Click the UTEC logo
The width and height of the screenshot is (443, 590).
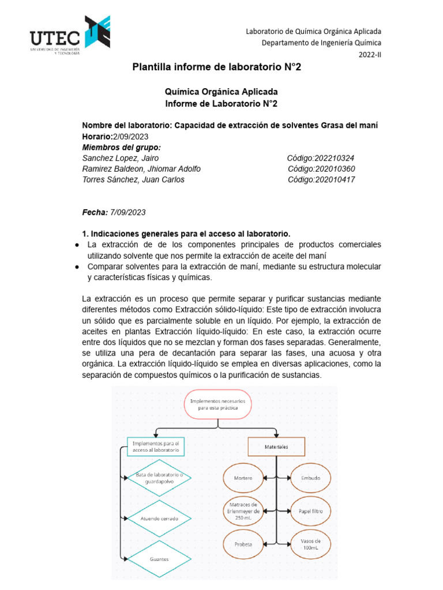(x=70, y=34)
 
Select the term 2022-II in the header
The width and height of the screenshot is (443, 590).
(x=370, y=54)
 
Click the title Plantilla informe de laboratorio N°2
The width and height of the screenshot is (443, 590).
(x=217, y=67)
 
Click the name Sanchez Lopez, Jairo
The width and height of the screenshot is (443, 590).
(x=121, y=158)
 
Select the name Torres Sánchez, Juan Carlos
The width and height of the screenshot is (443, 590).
(x=133, y=180)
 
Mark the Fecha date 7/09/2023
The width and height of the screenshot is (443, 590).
(x=127, y=212)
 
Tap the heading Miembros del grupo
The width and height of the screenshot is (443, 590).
(x=122, y=147)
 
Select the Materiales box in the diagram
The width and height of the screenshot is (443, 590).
(x=276, y=447)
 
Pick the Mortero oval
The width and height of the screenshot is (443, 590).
(x=243, y=478)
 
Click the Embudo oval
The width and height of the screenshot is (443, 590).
(x=310, y=478)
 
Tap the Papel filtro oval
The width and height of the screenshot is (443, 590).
(x=310, y=510)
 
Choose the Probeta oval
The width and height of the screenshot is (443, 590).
(x=243, y=543)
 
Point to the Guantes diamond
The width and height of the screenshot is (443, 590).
(x=159, y=558)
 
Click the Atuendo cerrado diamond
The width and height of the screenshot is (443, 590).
(x=159, y=519)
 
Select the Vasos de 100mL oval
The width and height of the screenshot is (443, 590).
(x=310, y=543)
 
